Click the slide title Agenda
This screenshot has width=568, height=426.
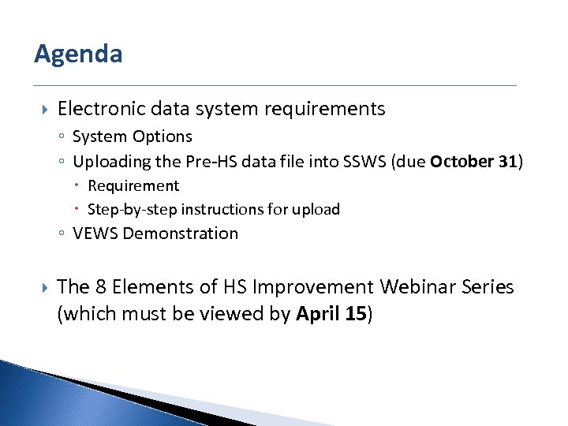click(x=78, y=54)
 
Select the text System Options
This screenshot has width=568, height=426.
click(x=132, y=136)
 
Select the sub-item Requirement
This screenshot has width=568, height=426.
click(x=133, y=186)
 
